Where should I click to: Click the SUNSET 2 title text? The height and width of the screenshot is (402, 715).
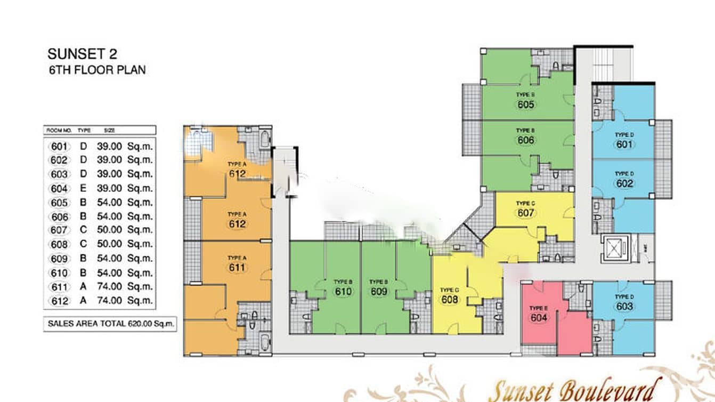82,54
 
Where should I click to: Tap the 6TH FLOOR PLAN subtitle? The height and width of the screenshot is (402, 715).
96,69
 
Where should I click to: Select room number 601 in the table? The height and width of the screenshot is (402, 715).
59,146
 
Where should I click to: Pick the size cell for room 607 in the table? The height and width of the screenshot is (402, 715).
125,230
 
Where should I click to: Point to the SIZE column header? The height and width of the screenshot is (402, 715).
110,130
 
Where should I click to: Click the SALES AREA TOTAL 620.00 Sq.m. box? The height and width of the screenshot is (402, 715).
111,323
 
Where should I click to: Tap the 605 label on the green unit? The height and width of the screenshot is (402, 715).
525,104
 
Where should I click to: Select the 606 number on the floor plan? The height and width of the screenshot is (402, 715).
525,140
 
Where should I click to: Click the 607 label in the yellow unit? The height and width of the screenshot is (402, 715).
525,213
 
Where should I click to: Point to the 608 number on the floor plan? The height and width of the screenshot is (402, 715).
450,300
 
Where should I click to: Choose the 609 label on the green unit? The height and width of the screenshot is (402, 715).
379,292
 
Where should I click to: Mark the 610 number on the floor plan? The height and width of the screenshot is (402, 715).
344,292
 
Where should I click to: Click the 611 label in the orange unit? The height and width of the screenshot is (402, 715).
237,267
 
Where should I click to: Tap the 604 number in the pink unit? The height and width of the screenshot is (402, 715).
539,318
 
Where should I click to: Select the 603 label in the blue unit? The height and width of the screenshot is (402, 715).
624,307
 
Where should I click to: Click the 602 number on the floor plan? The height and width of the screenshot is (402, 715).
624,183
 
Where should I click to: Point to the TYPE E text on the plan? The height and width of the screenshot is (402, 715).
539,308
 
